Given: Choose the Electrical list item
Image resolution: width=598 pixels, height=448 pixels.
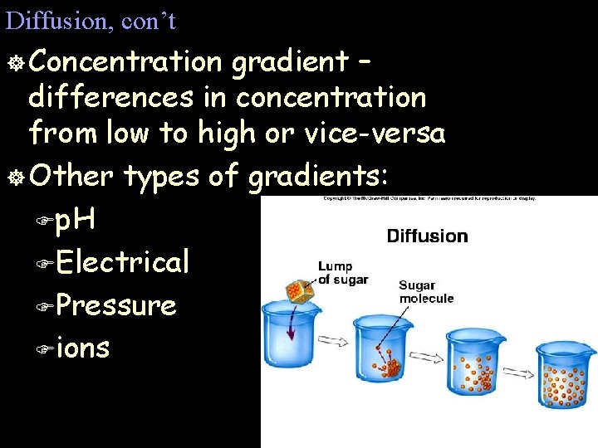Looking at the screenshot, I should [x=124, y=262].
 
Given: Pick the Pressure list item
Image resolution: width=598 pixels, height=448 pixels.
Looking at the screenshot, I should [x=117, y=305].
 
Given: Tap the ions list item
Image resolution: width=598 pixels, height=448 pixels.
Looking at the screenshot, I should [x=84, y=348].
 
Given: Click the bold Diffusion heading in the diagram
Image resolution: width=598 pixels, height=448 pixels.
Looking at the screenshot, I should [x=427, y=236].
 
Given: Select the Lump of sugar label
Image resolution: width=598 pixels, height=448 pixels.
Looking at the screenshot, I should [x=342, y=273].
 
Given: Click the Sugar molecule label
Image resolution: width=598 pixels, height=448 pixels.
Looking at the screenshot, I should [x=426, y=292].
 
